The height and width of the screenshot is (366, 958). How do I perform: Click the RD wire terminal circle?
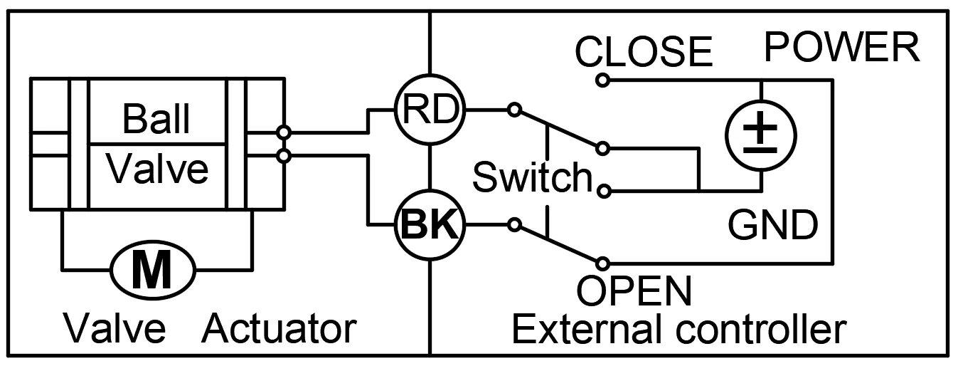coord(430,110)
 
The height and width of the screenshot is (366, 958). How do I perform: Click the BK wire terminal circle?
coord(430,224)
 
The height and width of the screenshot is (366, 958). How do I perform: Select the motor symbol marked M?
coord(153,271)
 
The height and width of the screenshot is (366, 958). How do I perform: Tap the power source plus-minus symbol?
coord(761,136)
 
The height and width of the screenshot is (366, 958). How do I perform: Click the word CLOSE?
coord(644,51)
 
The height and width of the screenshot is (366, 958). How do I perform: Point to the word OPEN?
coord(634,291)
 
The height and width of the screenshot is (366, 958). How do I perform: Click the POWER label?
coord(841,47)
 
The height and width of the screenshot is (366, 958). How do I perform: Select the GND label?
coord(773,225)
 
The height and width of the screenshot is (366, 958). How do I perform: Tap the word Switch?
coord(533,177)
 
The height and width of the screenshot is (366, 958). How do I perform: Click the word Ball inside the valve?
coord(156,119)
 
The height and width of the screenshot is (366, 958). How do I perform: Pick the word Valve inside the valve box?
coord(158,169)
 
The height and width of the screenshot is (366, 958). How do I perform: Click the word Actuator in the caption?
coord(280,329)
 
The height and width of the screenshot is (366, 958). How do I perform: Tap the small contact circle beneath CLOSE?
coord(602,80)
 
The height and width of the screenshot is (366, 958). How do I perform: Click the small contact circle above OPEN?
coord(602,263)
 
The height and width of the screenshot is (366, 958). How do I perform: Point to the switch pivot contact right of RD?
coord(514,110)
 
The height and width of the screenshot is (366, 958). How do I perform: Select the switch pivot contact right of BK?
coord(514,224)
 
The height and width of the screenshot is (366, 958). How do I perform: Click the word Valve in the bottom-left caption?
coord(115,329)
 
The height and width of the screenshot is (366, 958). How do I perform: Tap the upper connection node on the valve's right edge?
coord(284,132)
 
